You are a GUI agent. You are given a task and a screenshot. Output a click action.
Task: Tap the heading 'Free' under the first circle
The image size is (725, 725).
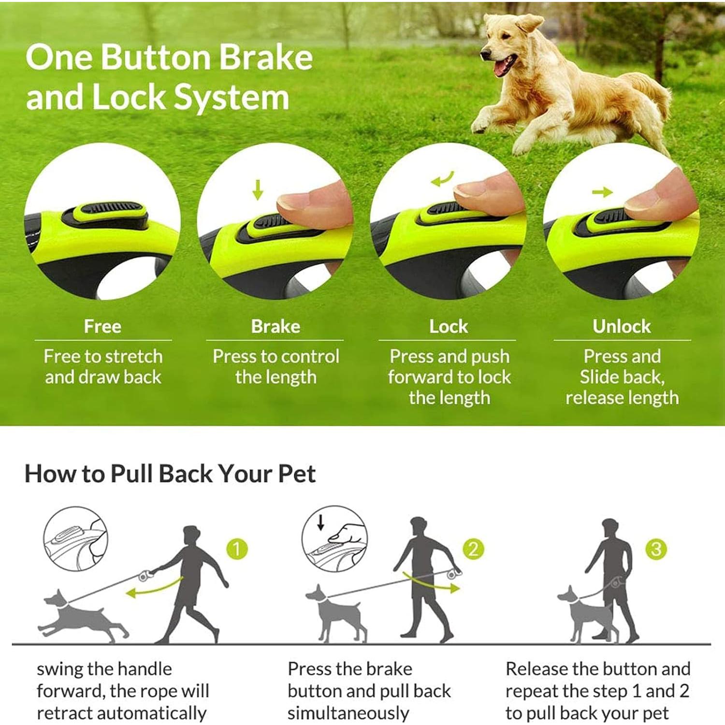[x=102, y=326]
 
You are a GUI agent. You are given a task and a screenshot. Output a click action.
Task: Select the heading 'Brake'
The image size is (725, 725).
[x=275, y=326]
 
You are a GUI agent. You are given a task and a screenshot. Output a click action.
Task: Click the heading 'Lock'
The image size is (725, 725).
[x=449, y=326]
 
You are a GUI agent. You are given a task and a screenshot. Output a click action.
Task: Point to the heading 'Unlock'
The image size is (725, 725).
[x=622, y=326]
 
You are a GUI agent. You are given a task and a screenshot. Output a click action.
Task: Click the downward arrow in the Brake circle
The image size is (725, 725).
[x=258, y=190]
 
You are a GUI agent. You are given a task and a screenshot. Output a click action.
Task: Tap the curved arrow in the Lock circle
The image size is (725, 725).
[x=442, y=179]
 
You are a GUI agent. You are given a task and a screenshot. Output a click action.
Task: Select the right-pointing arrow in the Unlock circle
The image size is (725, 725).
[x=602, y=192]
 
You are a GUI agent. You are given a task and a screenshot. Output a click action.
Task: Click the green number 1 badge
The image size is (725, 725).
[x=237, y=549]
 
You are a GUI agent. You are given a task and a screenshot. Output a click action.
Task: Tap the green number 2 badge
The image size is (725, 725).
[x=473, y=549]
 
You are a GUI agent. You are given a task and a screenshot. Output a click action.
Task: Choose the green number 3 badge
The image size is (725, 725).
[x=656, y=549]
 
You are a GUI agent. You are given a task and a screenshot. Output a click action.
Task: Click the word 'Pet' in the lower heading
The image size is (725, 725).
[x=297, y=474]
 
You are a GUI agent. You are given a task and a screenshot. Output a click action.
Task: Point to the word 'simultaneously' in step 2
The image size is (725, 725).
[x=348, y=713]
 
